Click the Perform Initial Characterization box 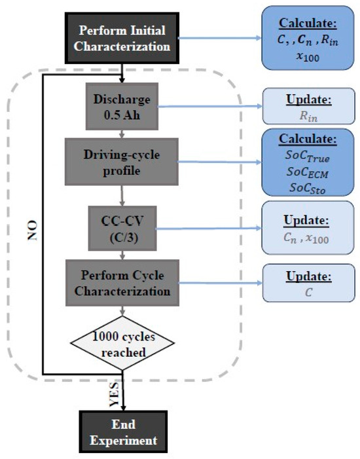click(x=124, y=38)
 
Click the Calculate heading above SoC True click(x=304, y=141)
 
